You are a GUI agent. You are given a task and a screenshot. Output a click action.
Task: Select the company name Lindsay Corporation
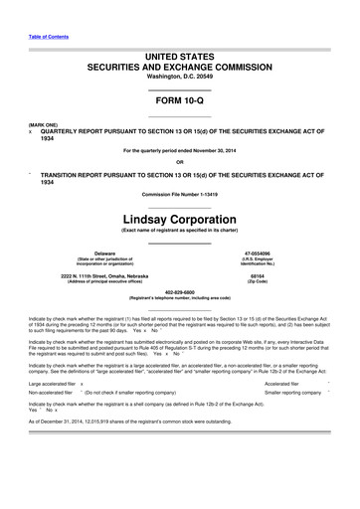pos(180,217)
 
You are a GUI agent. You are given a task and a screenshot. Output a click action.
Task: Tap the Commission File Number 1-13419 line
pos(180,192)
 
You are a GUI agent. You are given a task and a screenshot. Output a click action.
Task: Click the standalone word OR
pos(180,162)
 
